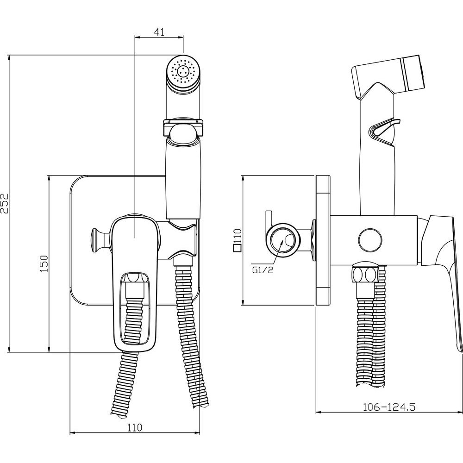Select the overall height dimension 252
point(4,203)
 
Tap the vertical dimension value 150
point(44,264)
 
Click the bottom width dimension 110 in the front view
point(134,427)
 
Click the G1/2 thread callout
point(263,270)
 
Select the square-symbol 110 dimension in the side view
point(238,240)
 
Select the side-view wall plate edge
point(323,241)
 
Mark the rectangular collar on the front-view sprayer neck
point(183,127)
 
